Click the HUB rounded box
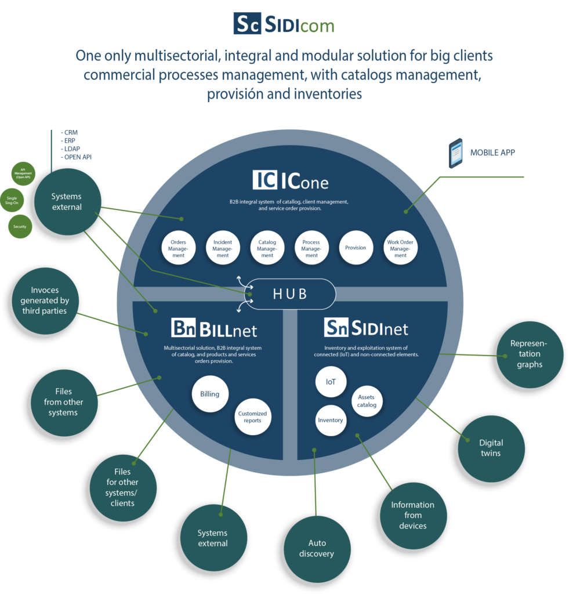(291, 294)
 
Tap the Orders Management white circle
(178, 248)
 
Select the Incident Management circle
(223, 248)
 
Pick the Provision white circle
(356, 248)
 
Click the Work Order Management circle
(400, 248)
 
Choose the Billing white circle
(209, 394)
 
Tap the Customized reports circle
(252, 416)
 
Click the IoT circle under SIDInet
(331, 382)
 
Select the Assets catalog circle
(367, 401)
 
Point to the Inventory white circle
(331, 420)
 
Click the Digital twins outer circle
(491, 448)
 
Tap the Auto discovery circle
(316, 548)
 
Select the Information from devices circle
(412, 515)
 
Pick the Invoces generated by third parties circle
(44, 300)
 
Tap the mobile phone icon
(456, 153)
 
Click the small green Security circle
(20, 227)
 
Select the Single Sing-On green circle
(12, 200)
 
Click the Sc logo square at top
(247, 24)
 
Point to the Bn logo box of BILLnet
(184, 328)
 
